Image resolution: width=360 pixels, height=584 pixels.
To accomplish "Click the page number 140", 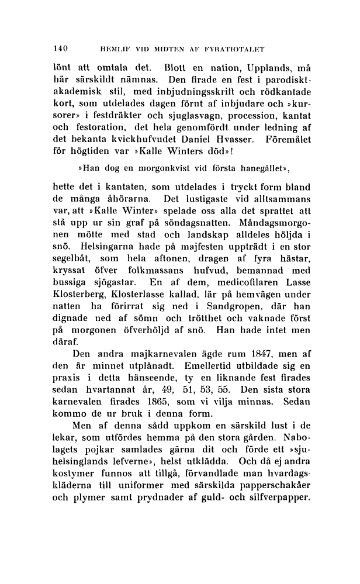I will tap(61, 48).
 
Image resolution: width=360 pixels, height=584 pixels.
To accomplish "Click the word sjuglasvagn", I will tap(178, 109).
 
